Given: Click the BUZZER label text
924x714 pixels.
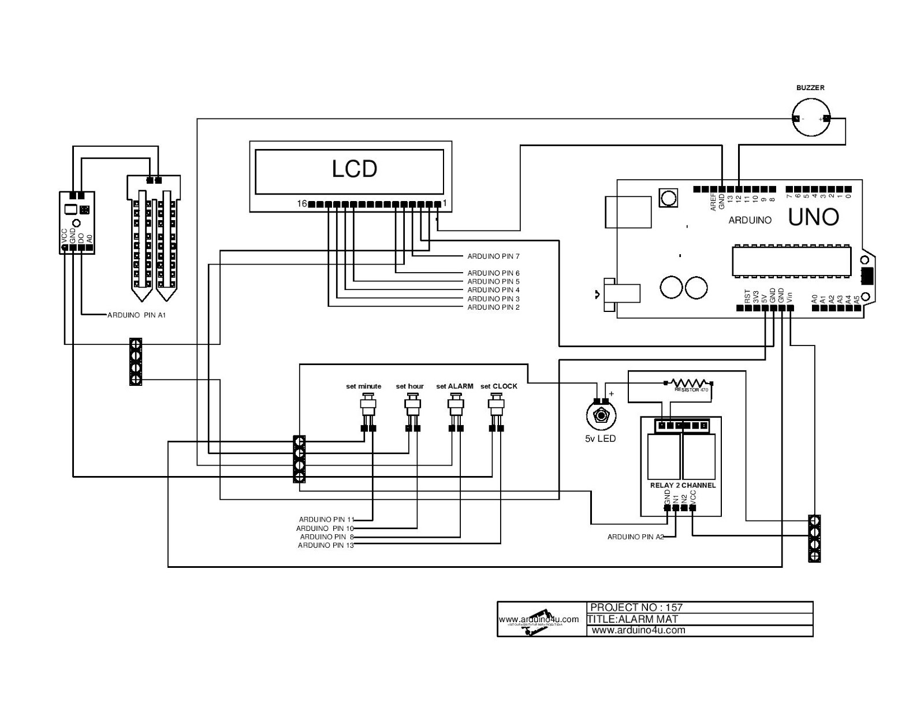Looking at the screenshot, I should tap(810, 88).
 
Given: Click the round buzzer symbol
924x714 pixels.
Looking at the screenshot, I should tap(810, 118).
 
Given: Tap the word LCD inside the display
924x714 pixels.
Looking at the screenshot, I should tap(354, 169).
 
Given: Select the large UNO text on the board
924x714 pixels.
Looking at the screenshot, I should tap(813, 217).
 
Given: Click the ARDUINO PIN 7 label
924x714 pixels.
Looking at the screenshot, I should tap(493, 256).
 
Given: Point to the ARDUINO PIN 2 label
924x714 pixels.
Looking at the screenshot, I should tap(493, 307).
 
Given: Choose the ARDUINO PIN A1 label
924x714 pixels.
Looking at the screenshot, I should tap(137, 315).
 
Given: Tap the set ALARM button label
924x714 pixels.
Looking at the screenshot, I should tap(454, 386).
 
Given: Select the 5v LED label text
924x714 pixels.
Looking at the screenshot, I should tap(600, 438).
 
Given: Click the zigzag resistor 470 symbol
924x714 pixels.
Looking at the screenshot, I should tap(688, 383).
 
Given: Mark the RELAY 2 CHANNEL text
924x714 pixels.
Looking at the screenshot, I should tap(683, 485).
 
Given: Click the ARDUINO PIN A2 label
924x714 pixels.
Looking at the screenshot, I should tap(635, 537).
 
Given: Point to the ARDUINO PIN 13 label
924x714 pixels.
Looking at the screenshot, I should tap(326, 545).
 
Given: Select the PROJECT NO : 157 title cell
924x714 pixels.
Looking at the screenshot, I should tap(636, 607).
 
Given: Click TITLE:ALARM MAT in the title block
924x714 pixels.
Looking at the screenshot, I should tap(632, 619).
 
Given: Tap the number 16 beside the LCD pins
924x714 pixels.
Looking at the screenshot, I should tap(301, 204).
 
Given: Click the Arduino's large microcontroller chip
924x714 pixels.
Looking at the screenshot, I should tap(791, 261).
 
